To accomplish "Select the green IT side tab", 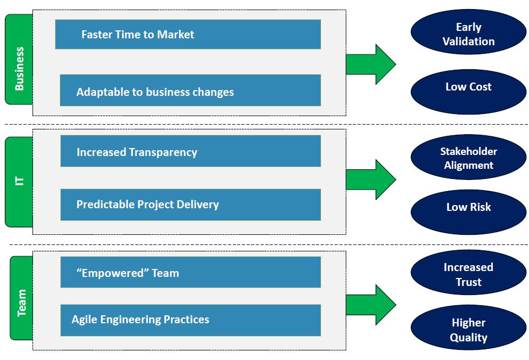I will [x=19, y=182].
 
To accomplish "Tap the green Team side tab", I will [x=21, y=298].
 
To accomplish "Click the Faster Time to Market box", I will [x=188, y=35].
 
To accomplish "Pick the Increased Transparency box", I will [x=190, y=151].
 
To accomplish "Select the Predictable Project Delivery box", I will [x=190, y=204].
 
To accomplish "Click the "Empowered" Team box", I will [x=190, y=272].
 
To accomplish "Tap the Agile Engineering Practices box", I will [x=190, y=320].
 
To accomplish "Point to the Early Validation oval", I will [x=468, y=33].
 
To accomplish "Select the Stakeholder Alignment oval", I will [x=468, y=158].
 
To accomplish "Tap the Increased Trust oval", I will [x=468, y=274].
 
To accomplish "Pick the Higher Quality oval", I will [x=468, y=329].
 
